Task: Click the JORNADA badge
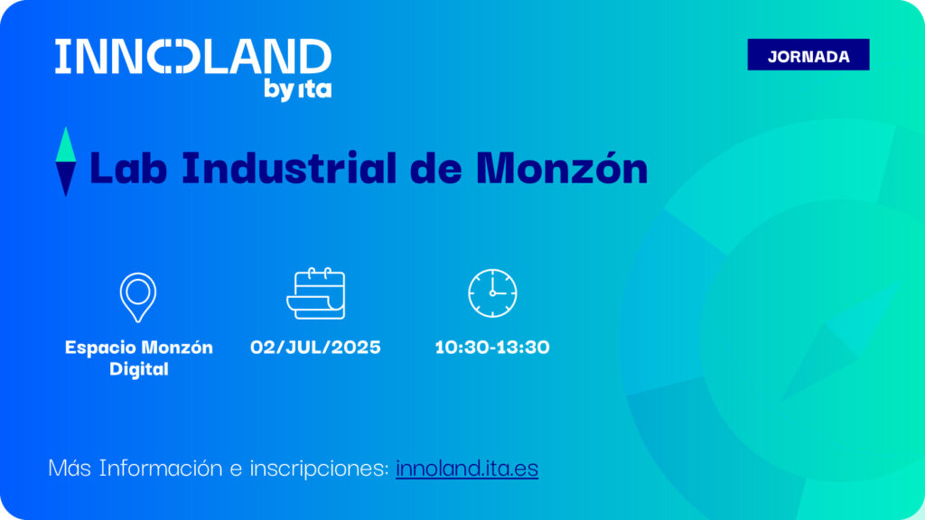click(x=808, y=55)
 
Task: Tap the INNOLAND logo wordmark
click(x=193, y=57)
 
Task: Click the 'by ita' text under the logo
click(x=297, y=89)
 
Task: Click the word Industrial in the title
click(x=289, y=168)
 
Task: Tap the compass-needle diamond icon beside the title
click(x=65, y=162)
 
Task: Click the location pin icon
click(x=138, y=297)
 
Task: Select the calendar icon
click(x=315, y=293)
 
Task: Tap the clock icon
click(x=492, y=293)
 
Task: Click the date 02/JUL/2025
click(x=315, y=348)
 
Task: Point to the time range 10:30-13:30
click(x=492, y=348)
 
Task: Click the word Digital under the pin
click(x=139, y=369)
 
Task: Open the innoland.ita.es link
click(x=467, y=469)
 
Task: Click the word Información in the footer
click(x=161, y=469)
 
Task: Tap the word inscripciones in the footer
click(x=319, y=469)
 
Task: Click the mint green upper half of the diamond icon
click(x=65, y=146)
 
